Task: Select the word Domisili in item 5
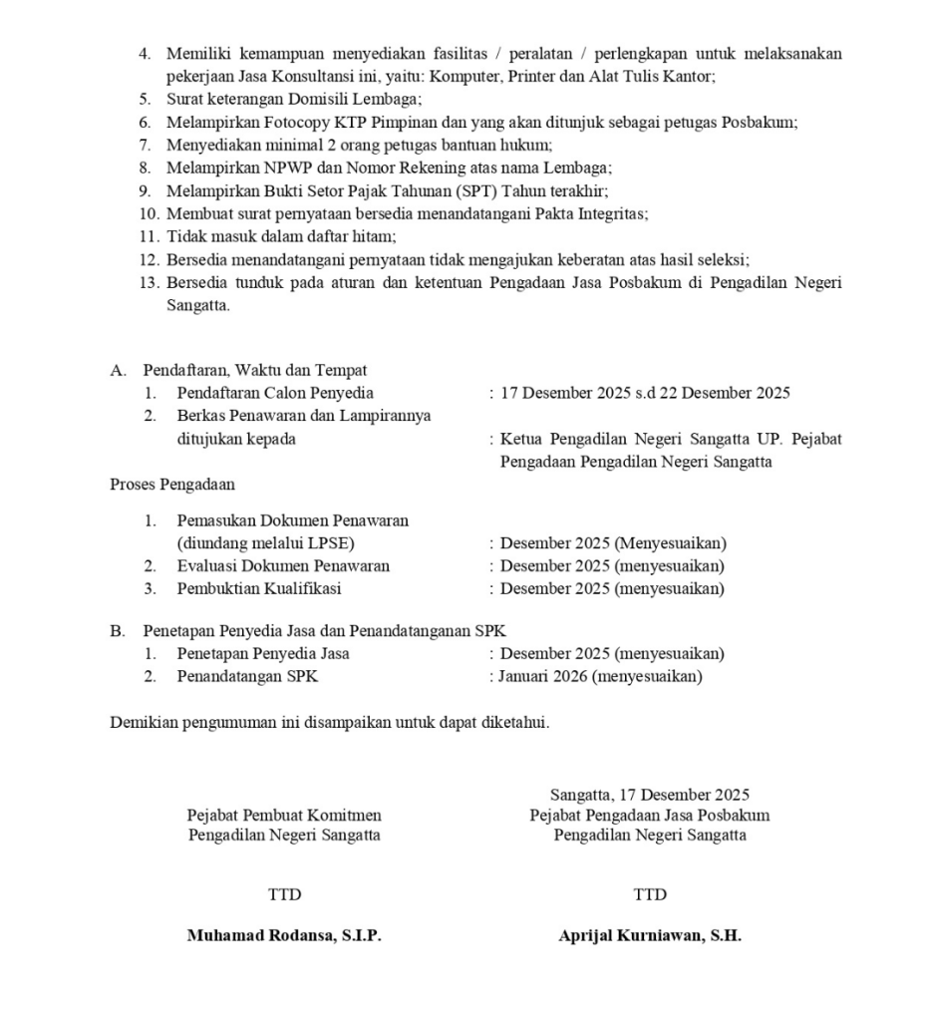click(302, 99)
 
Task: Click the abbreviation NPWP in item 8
click(268, 168)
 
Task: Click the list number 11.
click(149, 236)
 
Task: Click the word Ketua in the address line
click(521, 439)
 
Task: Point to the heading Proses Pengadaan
click(172, 486)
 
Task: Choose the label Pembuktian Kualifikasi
click(259, 589)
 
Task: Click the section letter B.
click(116, 630)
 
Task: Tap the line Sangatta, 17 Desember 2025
click(650, 795)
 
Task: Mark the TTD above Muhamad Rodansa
click(284, 895)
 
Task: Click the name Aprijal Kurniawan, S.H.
click(650, 937)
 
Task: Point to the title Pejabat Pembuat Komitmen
click(284, 816)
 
